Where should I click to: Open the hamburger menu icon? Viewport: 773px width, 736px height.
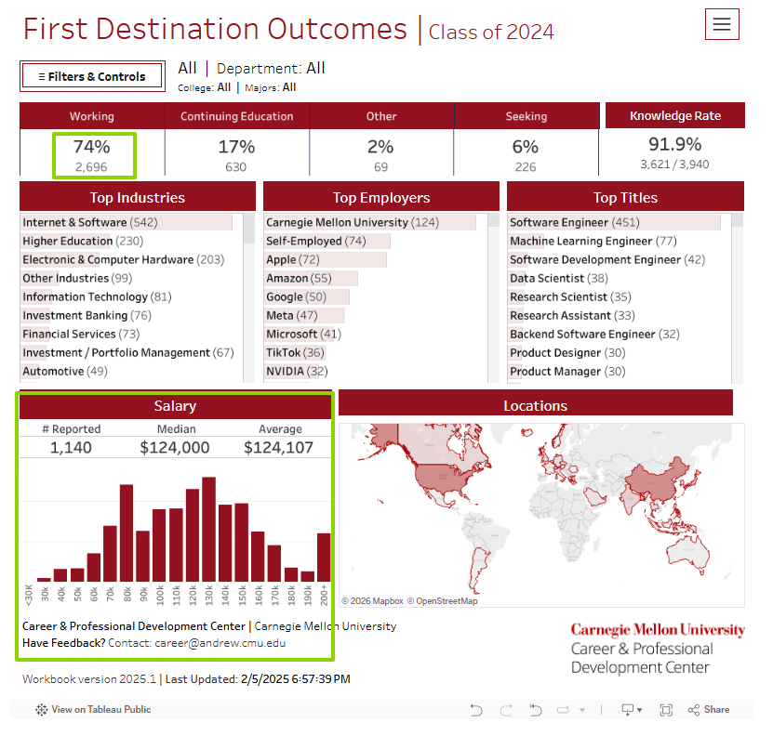pos(722,25)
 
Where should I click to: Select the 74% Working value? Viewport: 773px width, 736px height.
pos(92,147)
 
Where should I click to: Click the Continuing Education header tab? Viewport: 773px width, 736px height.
pos(236,116)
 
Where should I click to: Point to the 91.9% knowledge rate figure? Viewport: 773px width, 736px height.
pos(674,144)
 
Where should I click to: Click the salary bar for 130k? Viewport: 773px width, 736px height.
pos(208,530)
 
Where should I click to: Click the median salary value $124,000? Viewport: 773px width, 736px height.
pos(175,448)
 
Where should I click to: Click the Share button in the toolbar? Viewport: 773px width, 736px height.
pos(709,710)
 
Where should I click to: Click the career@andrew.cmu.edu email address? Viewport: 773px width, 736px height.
pos(220,643)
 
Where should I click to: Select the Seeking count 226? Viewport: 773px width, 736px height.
pos(526,167)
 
